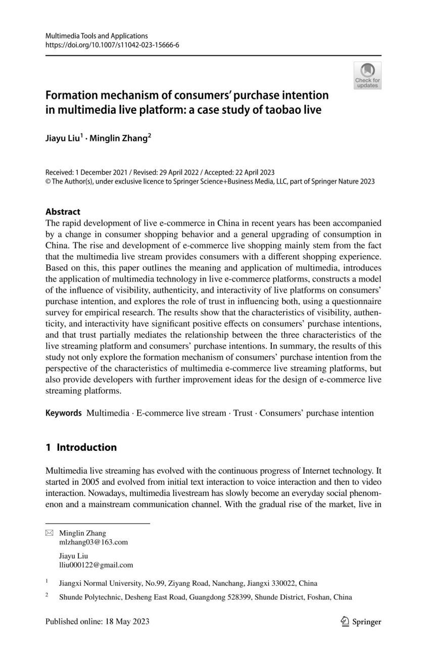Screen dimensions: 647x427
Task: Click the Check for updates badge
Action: tap(367, 75)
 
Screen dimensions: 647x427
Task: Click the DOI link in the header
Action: tap(112, 44)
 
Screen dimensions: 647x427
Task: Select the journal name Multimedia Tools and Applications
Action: tap(97, 36)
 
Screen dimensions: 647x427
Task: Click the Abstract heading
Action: tap(63, 212)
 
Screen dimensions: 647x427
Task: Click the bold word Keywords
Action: tap(64, 413)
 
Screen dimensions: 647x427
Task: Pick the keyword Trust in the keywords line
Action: tap(243, 413)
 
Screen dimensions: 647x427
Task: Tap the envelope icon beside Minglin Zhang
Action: tap(49, 533)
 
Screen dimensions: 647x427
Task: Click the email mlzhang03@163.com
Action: tap(93, 542)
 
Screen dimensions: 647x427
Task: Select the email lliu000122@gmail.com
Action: tap(96, 565)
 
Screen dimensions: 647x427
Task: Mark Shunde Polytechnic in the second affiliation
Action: tap(88, 596)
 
